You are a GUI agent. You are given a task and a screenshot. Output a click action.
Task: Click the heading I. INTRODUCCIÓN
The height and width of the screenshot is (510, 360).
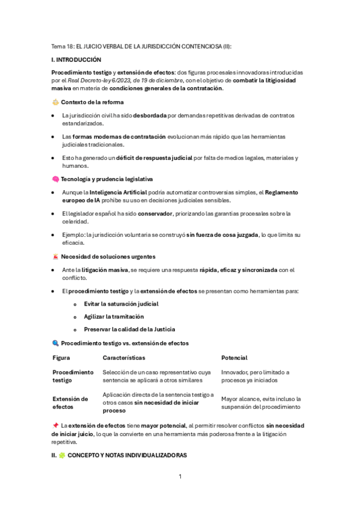76,60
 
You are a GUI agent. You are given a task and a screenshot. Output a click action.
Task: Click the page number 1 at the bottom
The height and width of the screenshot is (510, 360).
180,477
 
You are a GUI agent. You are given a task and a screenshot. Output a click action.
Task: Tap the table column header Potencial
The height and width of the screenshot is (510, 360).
234,358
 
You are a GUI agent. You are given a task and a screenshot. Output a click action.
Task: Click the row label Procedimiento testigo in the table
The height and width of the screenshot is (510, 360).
73,376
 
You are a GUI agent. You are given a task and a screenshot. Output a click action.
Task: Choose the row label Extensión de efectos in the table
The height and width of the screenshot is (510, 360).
70,402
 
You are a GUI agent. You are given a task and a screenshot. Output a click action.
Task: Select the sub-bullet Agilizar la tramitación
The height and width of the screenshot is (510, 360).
114,316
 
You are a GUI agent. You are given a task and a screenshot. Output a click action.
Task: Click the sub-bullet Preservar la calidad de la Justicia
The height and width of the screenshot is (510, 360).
129,329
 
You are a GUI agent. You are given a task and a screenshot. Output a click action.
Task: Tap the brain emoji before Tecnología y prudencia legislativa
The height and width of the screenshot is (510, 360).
55,179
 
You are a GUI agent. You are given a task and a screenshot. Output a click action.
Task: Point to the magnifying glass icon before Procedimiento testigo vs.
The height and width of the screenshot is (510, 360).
55,343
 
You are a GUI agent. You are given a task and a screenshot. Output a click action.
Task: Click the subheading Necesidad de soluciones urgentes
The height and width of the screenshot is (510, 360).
108,257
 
